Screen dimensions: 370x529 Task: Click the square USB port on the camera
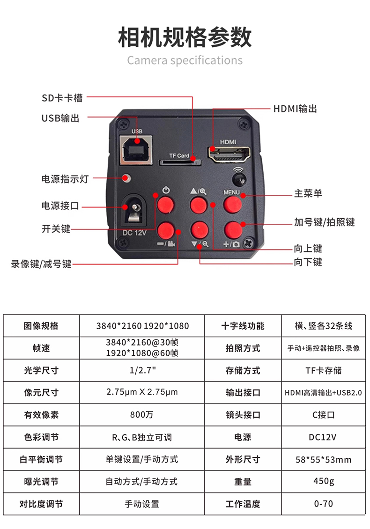136,150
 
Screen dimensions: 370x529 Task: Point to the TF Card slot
180,162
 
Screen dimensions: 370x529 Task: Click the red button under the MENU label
233,205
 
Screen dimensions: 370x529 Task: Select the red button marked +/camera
233,230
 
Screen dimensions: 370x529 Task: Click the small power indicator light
126,178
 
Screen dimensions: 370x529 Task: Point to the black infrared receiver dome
239,179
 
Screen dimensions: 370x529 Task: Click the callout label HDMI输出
295,109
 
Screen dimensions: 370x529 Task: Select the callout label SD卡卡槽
62,98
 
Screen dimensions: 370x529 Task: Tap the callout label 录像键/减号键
41,264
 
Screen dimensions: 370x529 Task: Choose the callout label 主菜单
308,193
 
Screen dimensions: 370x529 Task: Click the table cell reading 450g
324,481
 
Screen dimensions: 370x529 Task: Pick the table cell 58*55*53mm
324,460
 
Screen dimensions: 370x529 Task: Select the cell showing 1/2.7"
142,370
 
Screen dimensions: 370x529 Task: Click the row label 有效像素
41,415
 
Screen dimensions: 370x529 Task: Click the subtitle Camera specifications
185,60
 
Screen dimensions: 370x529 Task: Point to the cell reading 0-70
324,504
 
